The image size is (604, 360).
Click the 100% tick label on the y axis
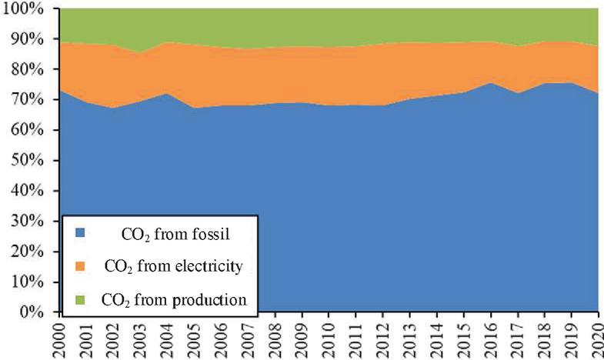[26, 8]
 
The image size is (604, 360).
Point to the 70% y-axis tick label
[30, 100]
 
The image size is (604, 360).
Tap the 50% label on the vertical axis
[30, 161]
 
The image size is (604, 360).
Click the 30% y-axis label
[30, 222]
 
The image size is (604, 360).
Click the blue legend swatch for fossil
[78, 231]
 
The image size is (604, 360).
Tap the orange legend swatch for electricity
[78, 265]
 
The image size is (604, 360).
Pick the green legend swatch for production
[78, 299]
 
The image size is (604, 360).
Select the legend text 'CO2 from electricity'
[172, 266]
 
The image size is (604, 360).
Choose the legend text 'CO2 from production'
[174, 300]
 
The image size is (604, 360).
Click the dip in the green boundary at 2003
[140, 53]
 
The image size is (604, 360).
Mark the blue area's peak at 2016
[490, 83]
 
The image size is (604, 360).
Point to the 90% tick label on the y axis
[30, 39]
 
